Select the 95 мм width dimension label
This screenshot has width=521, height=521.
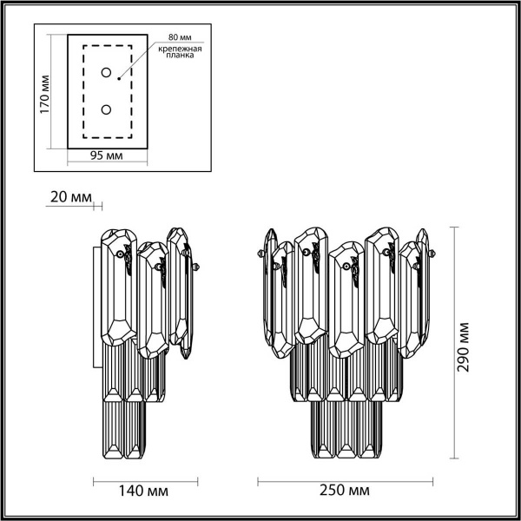pos(106,156)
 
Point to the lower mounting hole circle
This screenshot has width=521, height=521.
pos(106,110)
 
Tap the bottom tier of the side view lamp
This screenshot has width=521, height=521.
pos(124,430)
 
